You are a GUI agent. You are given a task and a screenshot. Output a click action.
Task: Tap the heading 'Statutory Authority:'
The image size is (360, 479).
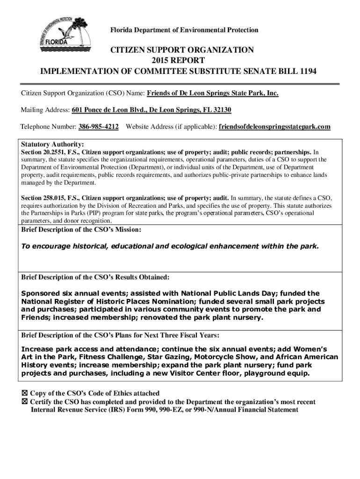53,144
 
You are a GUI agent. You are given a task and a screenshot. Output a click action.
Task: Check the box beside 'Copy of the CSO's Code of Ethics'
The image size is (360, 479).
25,393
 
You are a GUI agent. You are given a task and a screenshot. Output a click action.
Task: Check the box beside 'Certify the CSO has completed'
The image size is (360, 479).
25,402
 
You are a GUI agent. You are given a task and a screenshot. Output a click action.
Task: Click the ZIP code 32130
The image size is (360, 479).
222,110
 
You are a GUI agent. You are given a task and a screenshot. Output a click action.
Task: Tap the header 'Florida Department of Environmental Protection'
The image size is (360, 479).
184,30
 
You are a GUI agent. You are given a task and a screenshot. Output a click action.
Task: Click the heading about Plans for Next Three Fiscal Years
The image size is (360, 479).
120,335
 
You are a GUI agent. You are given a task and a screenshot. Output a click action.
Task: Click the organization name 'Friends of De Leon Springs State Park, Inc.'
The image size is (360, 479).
213,93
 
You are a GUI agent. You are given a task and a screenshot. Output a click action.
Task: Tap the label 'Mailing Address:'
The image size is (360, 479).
45,110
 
